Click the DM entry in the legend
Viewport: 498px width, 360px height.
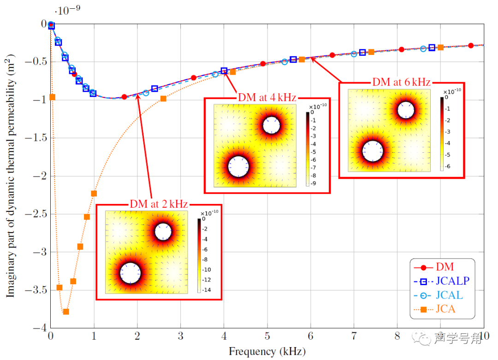pos(444,267)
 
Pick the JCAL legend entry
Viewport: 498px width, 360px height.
pos(450,295)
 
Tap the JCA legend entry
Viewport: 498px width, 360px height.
pos(445,309)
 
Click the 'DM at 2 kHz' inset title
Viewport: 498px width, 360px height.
pos(159,204)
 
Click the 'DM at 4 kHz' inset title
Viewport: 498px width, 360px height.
pos(267,97)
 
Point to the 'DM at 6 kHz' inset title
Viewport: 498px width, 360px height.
pos(401,83)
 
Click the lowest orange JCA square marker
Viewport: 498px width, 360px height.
pos(66,312)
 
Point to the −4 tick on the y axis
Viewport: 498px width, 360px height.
pos(41,328)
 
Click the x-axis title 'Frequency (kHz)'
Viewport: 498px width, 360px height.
pos(267,352)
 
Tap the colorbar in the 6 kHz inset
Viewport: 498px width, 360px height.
pos(441,134)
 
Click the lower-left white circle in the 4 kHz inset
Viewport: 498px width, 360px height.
pos(239,167)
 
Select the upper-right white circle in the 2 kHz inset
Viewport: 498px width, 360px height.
pos(163,231)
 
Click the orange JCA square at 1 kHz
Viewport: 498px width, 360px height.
pos(94,193)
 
